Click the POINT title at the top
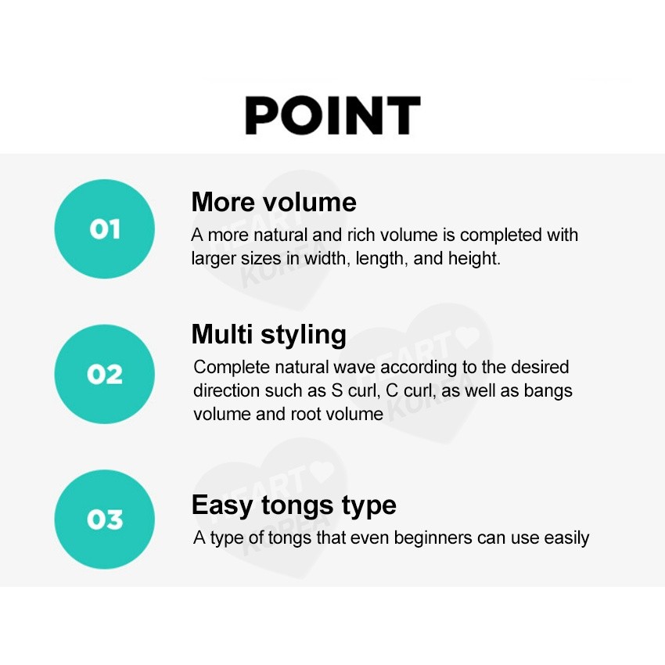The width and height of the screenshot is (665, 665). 333,115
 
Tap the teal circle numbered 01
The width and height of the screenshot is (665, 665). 105,229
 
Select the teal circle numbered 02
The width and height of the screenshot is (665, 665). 105,374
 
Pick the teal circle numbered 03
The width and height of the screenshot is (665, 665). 105,519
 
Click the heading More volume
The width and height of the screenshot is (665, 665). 274,202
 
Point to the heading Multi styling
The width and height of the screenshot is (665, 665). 269,336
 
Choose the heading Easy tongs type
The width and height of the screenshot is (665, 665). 294,505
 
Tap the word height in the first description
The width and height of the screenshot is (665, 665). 475,258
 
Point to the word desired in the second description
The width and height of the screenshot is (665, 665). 540,367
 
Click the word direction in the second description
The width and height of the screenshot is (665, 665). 226,390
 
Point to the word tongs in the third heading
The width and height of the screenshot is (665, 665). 297,506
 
